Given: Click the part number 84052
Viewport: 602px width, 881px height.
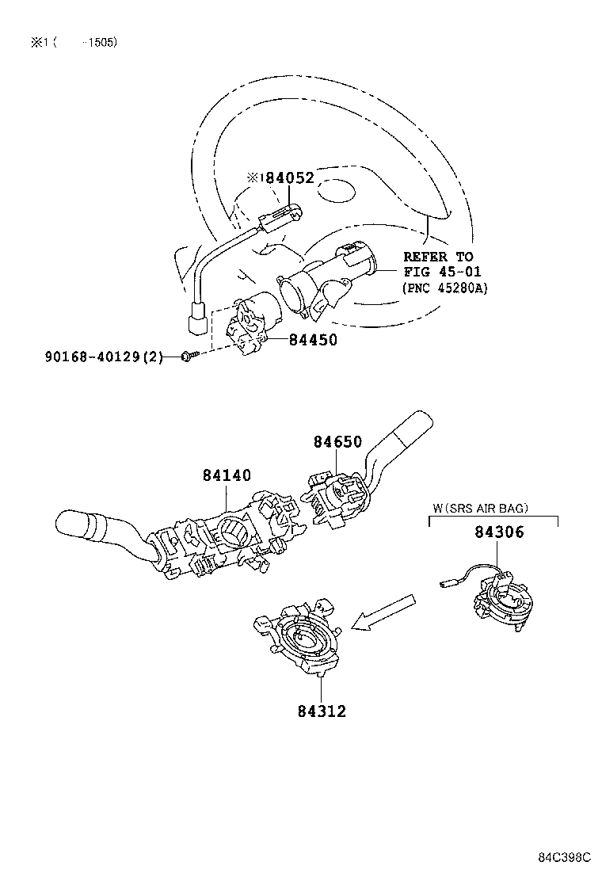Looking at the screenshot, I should click(290, 178).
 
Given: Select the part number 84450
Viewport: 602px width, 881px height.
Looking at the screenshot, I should click(313, 340).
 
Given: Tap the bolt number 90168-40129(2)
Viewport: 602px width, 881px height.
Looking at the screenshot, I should click(102, 357).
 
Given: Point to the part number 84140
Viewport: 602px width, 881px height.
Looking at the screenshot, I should click(227, 475).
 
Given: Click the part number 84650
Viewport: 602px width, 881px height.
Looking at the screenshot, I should click(337, 442).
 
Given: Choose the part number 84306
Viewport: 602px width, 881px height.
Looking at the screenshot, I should click(499, 532).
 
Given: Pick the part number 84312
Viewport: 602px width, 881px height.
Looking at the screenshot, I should click(322, 711).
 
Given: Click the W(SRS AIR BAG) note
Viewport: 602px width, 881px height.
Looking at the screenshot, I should click(481, 507).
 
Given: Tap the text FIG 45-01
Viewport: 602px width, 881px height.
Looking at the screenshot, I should click(438, 272).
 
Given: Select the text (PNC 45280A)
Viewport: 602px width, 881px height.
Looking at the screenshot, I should click(445, 288).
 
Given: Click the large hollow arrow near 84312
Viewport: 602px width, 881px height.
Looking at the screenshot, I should click(385, 612).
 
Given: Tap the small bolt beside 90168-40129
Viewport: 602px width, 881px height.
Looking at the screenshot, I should click(185, 357).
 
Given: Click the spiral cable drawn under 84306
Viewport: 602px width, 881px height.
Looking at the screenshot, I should click(499, 600).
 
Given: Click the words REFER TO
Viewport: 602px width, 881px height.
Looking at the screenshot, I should click(438, 257).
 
